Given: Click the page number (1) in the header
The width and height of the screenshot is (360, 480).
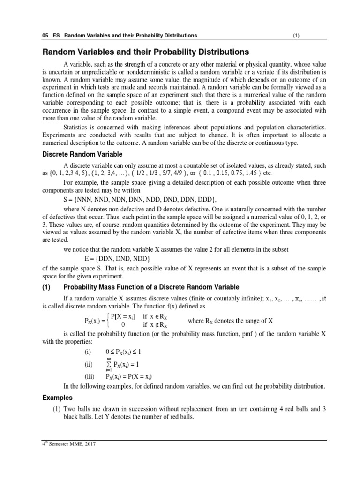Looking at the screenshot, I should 296,36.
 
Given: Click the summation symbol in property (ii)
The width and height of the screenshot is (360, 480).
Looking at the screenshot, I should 109,364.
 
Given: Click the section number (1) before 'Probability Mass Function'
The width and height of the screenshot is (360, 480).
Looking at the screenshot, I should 50,287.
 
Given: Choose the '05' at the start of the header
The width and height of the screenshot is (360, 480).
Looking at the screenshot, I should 46,36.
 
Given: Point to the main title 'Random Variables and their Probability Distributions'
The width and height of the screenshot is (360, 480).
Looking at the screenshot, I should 146,52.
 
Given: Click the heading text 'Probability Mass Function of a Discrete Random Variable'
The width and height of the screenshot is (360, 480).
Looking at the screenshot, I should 151,287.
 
